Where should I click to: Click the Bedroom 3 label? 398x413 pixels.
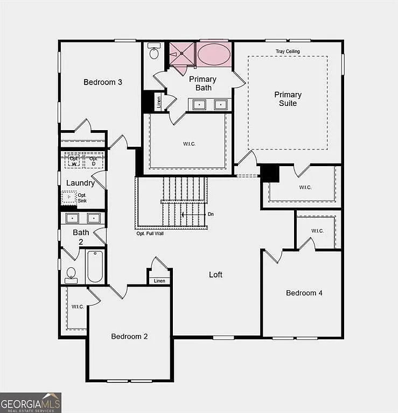tap(103, 82)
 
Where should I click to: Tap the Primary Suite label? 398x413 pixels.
tap(288, 99)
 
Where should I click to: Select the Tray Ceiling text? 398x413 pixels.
tap(288, 52)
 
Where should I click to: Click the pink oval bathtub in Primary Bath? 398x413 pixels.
tap(214, 55)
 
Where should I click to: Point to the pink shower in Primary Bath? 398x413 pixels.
tap(181, 54)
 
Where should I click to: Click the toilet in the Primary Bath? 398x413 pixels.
tap(154, 53)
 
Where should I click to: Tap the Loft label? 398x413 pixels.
tap(215, 275)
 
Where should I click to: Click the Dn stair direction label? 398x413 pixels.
tap(211, 215)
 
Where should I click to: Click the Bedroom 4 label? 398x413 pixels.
tap(304, 293)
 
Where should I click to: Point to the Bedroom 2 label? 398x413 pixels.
tap(129, 337)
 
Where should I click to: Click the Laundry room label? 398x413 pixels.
tap(80, 183)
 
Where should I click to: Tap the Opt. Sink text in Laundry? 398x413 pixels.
tap(82, 198)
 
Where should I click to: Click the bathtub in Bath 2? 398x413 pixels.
tap(95, 266)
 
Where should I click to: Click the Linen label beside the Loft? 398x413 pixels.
tap(159, 281)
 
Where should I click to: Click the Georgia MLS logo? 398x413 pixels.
tap(31, 403)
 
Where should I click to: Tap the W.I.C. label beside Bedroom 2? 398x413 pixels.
tap(78, 307)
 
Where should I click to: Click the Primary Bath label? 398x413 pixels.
tap(203, 83)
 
